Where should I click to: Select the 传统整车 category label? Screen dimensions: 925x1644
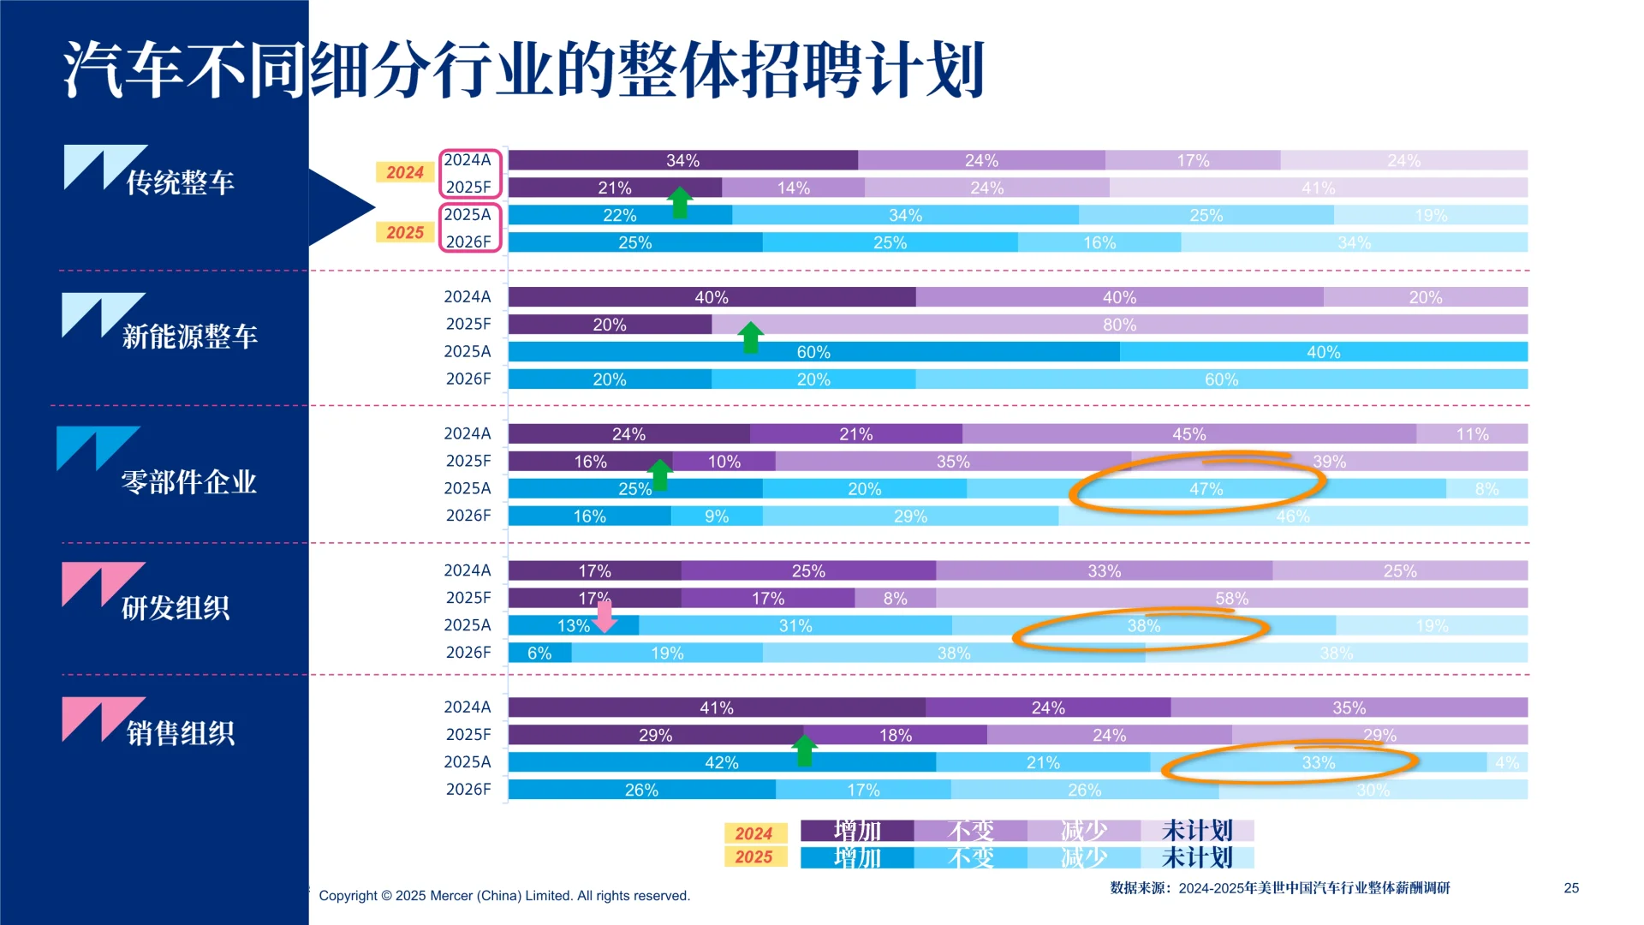pos(180,182)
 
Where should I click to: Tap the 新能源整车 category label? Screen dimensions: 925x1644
pos(189,336)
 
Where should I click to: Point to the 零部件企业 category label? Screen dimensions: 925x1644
pos(188,482)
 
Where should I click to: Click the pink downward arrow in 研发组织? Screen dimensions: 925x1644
pos(605,617)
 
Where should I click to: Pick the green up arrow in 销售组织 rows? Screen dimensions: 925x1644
pos(804,750)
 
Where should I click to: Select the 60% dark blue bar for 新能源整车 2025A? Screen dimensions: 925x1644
pos(813,352)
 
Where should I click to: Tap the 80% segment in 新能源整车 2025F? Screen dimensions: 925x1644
pos(1119,325)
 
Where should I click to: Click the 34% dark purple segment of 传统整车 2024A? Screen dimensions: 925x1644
pos(682,160)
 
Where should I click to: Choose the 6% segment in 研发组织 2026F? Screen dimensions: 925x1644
pos(539,653)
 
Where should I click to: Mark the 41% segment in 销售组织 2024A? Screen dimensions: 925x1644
pos(716,707)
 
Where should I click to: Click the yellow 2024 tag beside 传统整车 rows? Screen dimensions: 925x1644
pos(404,172)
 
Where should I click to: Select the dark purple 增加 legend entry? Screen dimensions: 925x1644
pos(856,830)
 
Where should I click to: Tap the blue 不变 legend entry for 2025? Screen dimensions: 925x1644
pos(970,857)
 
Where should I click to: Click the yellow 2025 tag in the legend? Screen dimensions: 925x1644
pos(753,856)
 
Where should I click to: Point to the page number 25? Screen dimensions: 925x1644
pos(1571,888)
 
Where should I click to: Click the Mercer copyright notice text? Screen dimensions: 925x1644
pos(503,896)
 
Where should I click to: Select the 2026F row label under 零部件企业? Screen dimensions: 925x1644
pos(468,516)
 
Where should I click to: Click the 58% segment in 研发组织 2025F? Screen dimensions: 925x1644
pos(1231,598)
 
